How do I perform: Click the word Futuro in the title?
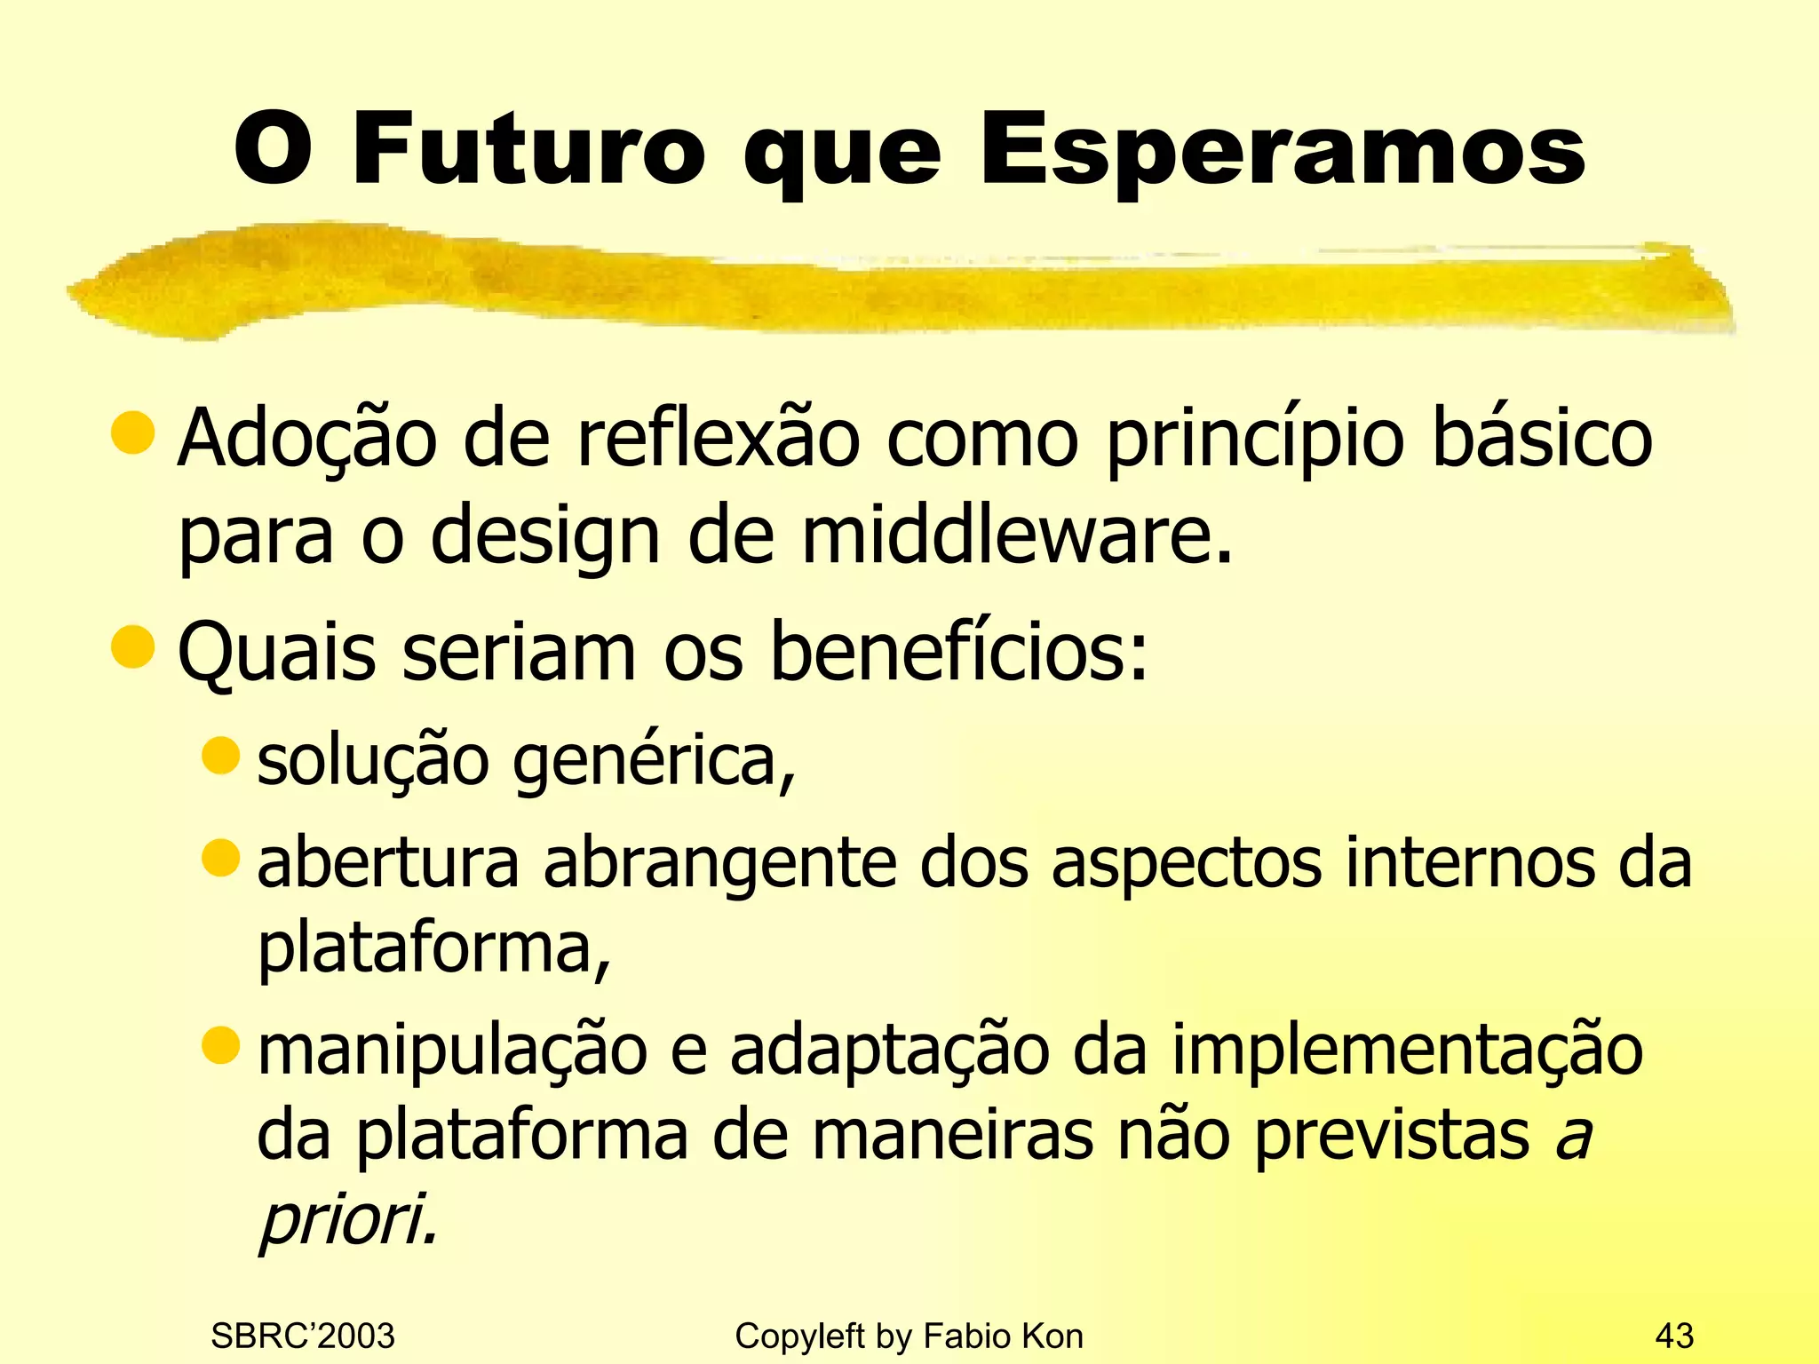point(529,148)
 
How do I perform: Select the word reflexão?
point(719,438)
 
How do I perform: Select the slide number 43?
point(1674,1336)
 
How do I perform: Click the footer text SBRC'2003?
point(303,1336)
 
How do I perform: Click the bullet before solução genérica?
point(221,756)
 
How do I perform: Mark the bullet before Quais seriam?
point(133,646)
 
